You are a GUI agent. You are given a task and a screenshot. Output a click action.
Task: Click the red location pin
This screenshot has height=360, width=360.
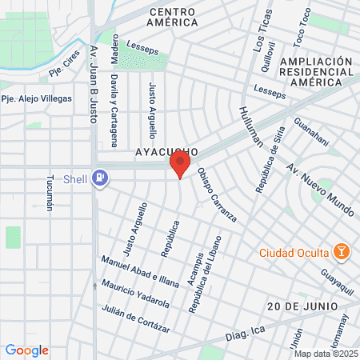pyautogui.click(x=179, y=166)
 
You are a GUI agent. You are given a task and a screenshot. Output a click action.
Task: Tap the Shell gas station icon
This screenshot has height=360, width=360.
pyautogui.click(x=100, y=178)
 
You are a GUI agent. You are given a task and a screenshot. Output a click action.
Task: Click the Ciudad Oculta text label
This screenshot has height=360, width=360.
pyautogui.click(x=294, y=253)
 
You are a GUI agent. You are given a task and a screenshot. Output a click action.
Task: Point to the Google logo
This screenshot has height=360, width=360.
pyautogui.click(x=27, y=350)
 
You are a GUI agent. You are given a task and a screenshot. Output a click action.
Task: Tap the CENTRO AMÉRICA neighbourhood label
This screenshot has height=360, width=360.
pyautogui.click(x=174, y=17)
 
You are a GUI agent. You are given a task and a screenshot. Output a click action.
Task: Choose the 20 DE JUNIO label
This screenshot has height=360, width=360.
pyautogui.click(x=303, y=306)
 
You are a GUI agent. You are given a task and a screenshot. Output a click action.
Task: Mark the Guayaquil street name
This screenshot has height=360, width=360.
pyautogui.click(x=337, y=285)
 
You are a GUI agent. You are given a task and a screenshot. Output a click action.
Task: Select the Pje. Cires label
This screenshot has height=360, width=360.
pyautogui.click(x=67, y=66)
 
